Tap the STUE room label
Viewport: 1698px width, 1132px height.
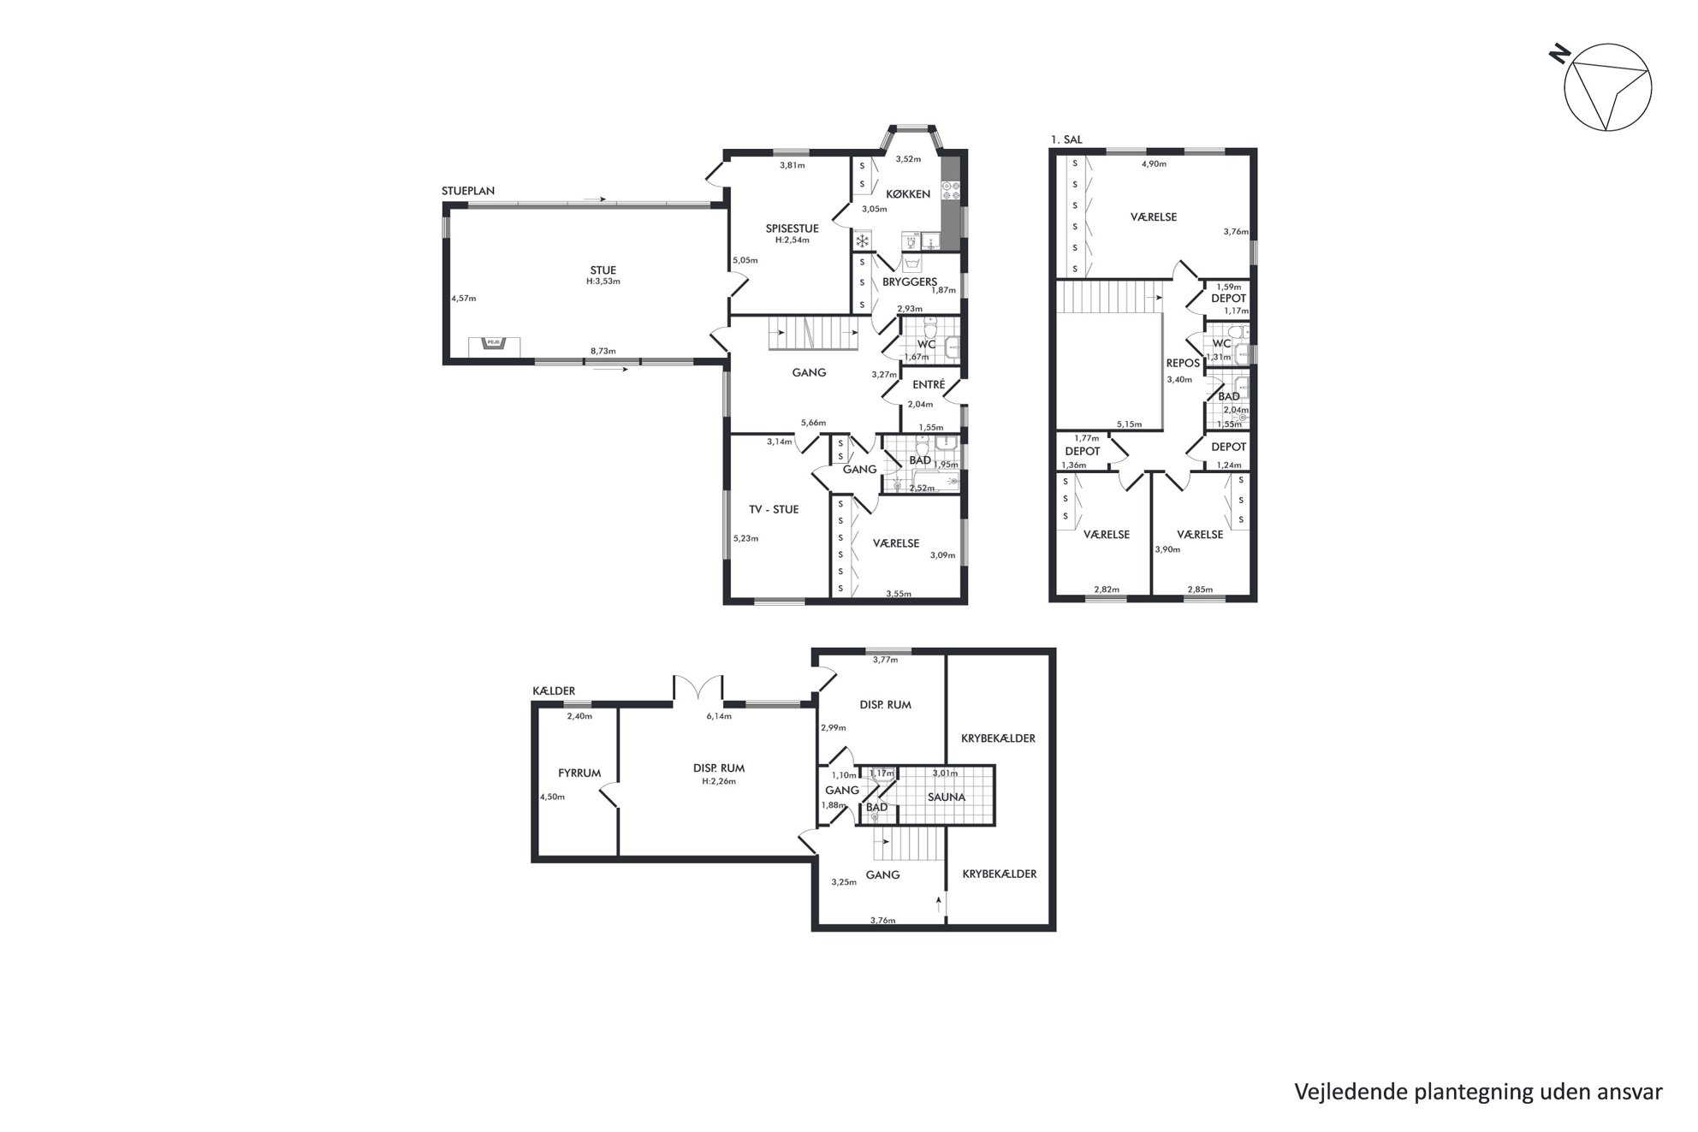click(x=603, y=270)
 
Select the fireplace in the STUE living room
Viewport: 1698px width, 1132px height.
click(x=494, y=345)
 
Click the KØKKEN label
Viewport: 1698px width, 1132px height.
click(x=909, y=194)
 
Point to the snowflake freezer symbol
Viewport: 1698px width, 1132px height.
click(x=863, y=240)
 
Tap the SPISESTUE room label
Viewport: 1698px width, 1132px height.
click(x=792, y=228)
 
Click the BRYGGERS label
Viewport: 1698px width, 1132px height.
click(x=910, y=282)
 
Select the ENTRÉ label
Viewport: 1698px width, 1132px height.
click(x=929, y=385)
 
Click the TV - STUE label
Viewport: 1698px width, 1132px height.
click(x=774, y=509)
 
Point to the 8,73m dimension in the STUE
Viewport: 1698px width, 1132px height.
click(x=603, y=351)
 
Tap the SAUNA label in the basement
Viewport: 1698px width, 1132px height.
click(x=946, y=797)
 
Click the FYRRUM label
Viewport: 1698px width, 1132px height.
click(x=579, y=773)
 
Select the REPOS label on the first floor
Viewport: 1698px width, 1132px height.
click(x=1183, y=364)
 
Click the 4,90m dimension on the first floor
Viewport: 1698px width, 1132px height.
click(x=1154, y=163)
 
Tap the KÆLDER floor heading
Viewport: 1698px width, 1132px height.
click(x=554, y=690)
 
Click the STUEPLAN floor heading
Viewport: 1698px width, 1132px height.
click(x=468, y=191)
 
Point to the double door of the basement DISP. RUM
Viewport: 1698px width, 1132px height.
click(x=698, y=687)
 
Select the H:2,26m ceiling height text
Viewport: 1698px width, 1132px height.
click(x=719, y=781)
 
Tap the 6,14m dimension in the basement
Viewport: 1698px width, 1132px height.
click(x=719, y=716)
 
